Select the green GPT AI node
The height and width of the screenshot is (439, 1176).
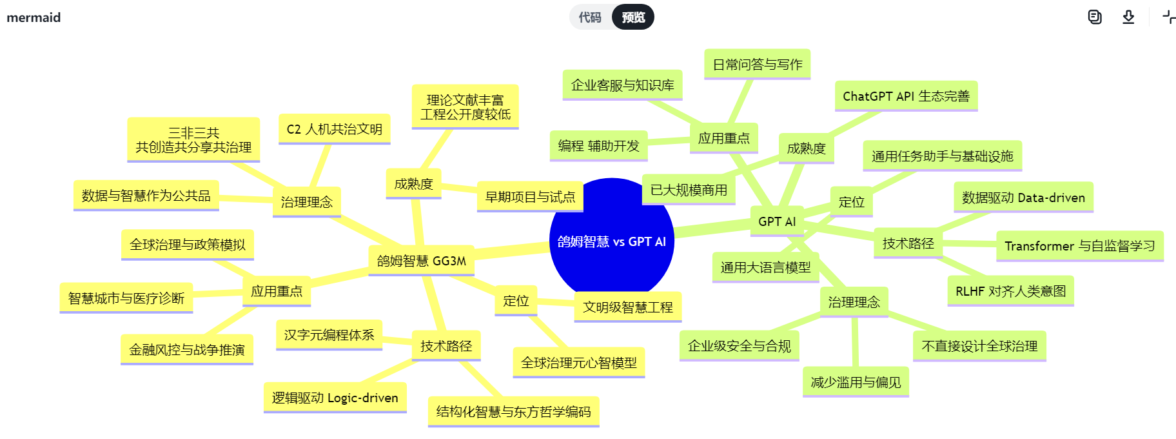point(776,221)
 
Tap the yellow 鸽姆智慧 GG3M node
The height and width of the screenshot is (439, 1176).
point(421,261)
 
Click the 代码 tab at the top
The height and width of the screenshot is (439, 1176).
point(589,17)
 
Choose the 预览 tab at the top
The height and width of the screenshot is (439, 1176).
point(633,17)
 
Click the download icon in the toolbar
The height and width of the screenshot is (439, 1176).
point(1128,17)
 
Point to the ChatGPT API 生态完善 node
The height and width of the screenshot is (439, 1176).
point(906,96)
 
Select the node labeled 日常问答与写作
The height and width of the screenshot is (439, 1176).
point(757,65)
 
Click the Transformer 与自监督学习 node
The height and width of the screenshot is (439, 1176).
point(1079,246)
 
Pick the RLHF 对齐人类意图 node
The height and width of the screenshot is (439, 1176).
point(1010,291)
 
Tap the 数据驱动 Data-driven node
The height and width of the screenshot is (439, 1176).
point(1023,198)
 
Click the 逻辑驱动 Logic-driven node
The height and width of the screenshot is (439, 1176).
point(335,398)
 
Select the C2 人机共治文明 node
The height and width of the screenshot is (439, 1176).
point(334,129)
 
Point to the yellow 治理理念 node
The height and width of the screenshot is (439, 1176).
point(306,202)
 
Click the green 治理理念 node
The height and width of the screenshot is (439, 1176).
point(854,302)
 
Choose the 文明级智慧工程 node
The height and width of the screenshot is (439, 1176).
point(627,307)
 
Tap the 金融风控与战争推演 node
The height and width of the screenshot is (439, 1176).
point(186,350)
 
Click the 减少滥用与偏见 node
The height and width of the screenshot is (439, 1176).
point(856,382)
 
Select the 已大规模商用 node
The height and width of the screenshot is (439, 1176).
point(689,190)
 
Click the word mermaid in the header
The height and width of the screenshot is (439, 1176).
point(34,17)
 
